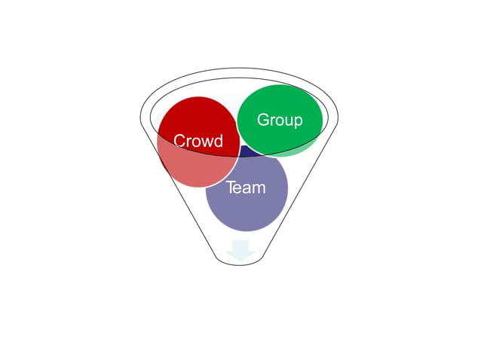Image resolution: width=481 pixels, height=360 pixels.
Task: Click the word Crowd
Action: [198, 142]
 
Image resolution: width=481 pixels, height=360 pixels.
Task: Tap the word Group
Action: [280, 120]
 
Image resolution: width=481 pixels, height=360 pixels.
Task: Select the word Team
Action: [246, 188]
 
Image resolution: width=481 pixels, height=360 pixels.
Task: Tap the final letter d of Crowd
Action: [218, 142]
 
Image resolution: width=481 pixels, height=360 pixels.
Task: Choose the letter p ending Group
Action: [298, 121]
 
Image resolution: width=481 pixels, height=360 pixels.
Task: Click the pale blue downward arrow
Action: [240, 250]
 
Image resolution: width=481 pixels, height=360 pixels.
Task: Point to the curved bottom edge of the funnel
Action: [240, 264]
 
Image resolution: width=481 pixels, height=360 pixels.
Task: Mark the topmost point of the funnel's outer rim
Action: [239, 70]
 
